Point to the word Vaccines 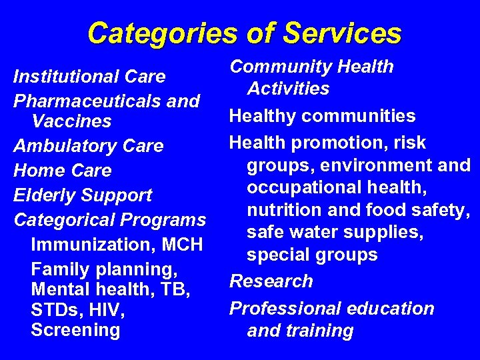[71, 122]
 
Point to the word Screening [75, 330]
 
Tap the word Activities [288, 89]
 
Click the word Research [271, 281]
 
